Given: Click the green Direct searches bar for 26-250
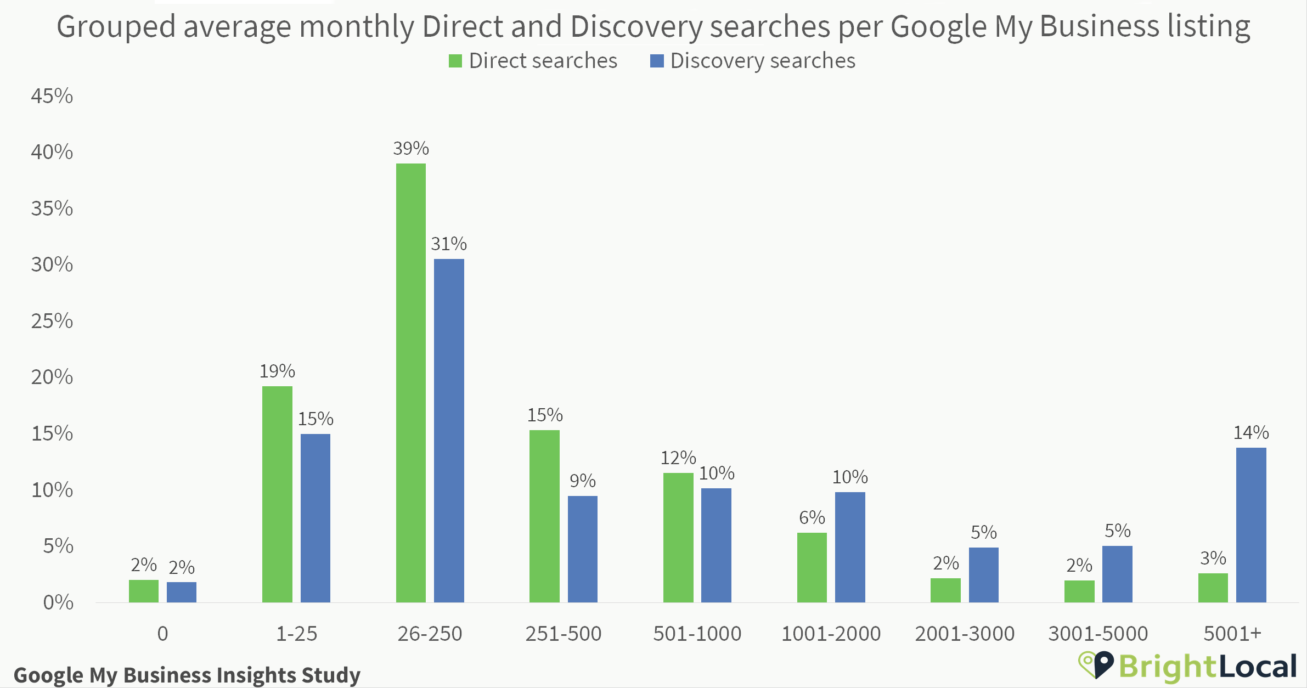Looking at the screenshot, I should pyautogui.click(x=410, y=382).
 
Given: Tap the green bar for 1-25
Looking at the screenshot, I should pyautogui.click(x=277, y=494).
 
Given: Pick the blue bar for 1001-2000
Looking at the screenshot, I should pyautogui.click(x=850, y=547).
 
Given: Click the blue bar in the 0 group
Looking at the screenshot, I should pyautogui.click(x=182, y=592).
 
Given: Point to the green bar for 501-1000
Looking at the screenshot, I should pyautogui.click(x=678, y=537).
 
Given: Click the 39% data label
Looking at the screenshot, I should pyautogui.click(x=410, y=149).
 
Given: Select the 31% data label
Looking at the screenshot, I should pyautogui.click(x=448, y=244).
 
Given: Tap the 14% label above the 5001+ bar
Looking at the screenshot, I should pyautogui.click(x=1251, y=433).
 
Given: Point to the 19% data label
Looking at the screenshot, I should pyautogui.click(x=277, y=371).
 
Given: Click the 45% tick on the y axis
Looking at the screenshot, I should pyautogui.click(x=52, y=96).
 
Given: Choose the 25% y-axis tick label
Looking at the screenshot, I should pyautogui.click(x=52, y=321).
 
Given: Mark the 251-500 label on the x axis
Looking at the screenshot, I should pyautogui.click(x=564, y=634).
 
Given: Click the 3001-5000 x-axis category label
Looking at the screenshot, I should pyautogui.click(x=1098, y=634).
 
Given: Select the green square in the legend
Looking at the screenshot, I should pyautogui.click(x=455, y=61).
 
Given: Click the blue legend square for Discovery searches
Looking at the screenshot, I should pyautogui.click(x=657, y=61).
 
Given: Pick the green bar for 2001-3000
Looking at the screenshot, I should pyautogui.click(x=945, y=590).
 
